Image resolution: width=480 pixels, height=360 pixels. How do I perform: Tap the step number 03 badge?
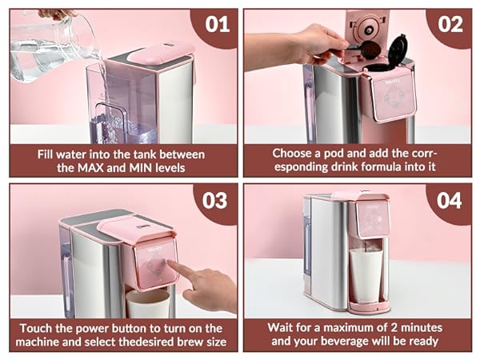pos(215,199)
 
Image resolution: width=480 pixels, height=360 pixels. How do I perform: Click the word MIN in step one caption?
pos(158,168)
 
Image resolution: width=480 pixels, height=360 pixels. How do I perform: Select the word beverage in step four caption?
pos(346,343)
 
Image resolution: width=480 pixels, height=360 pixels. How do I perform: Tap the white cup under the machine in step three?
pos(148,304)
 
